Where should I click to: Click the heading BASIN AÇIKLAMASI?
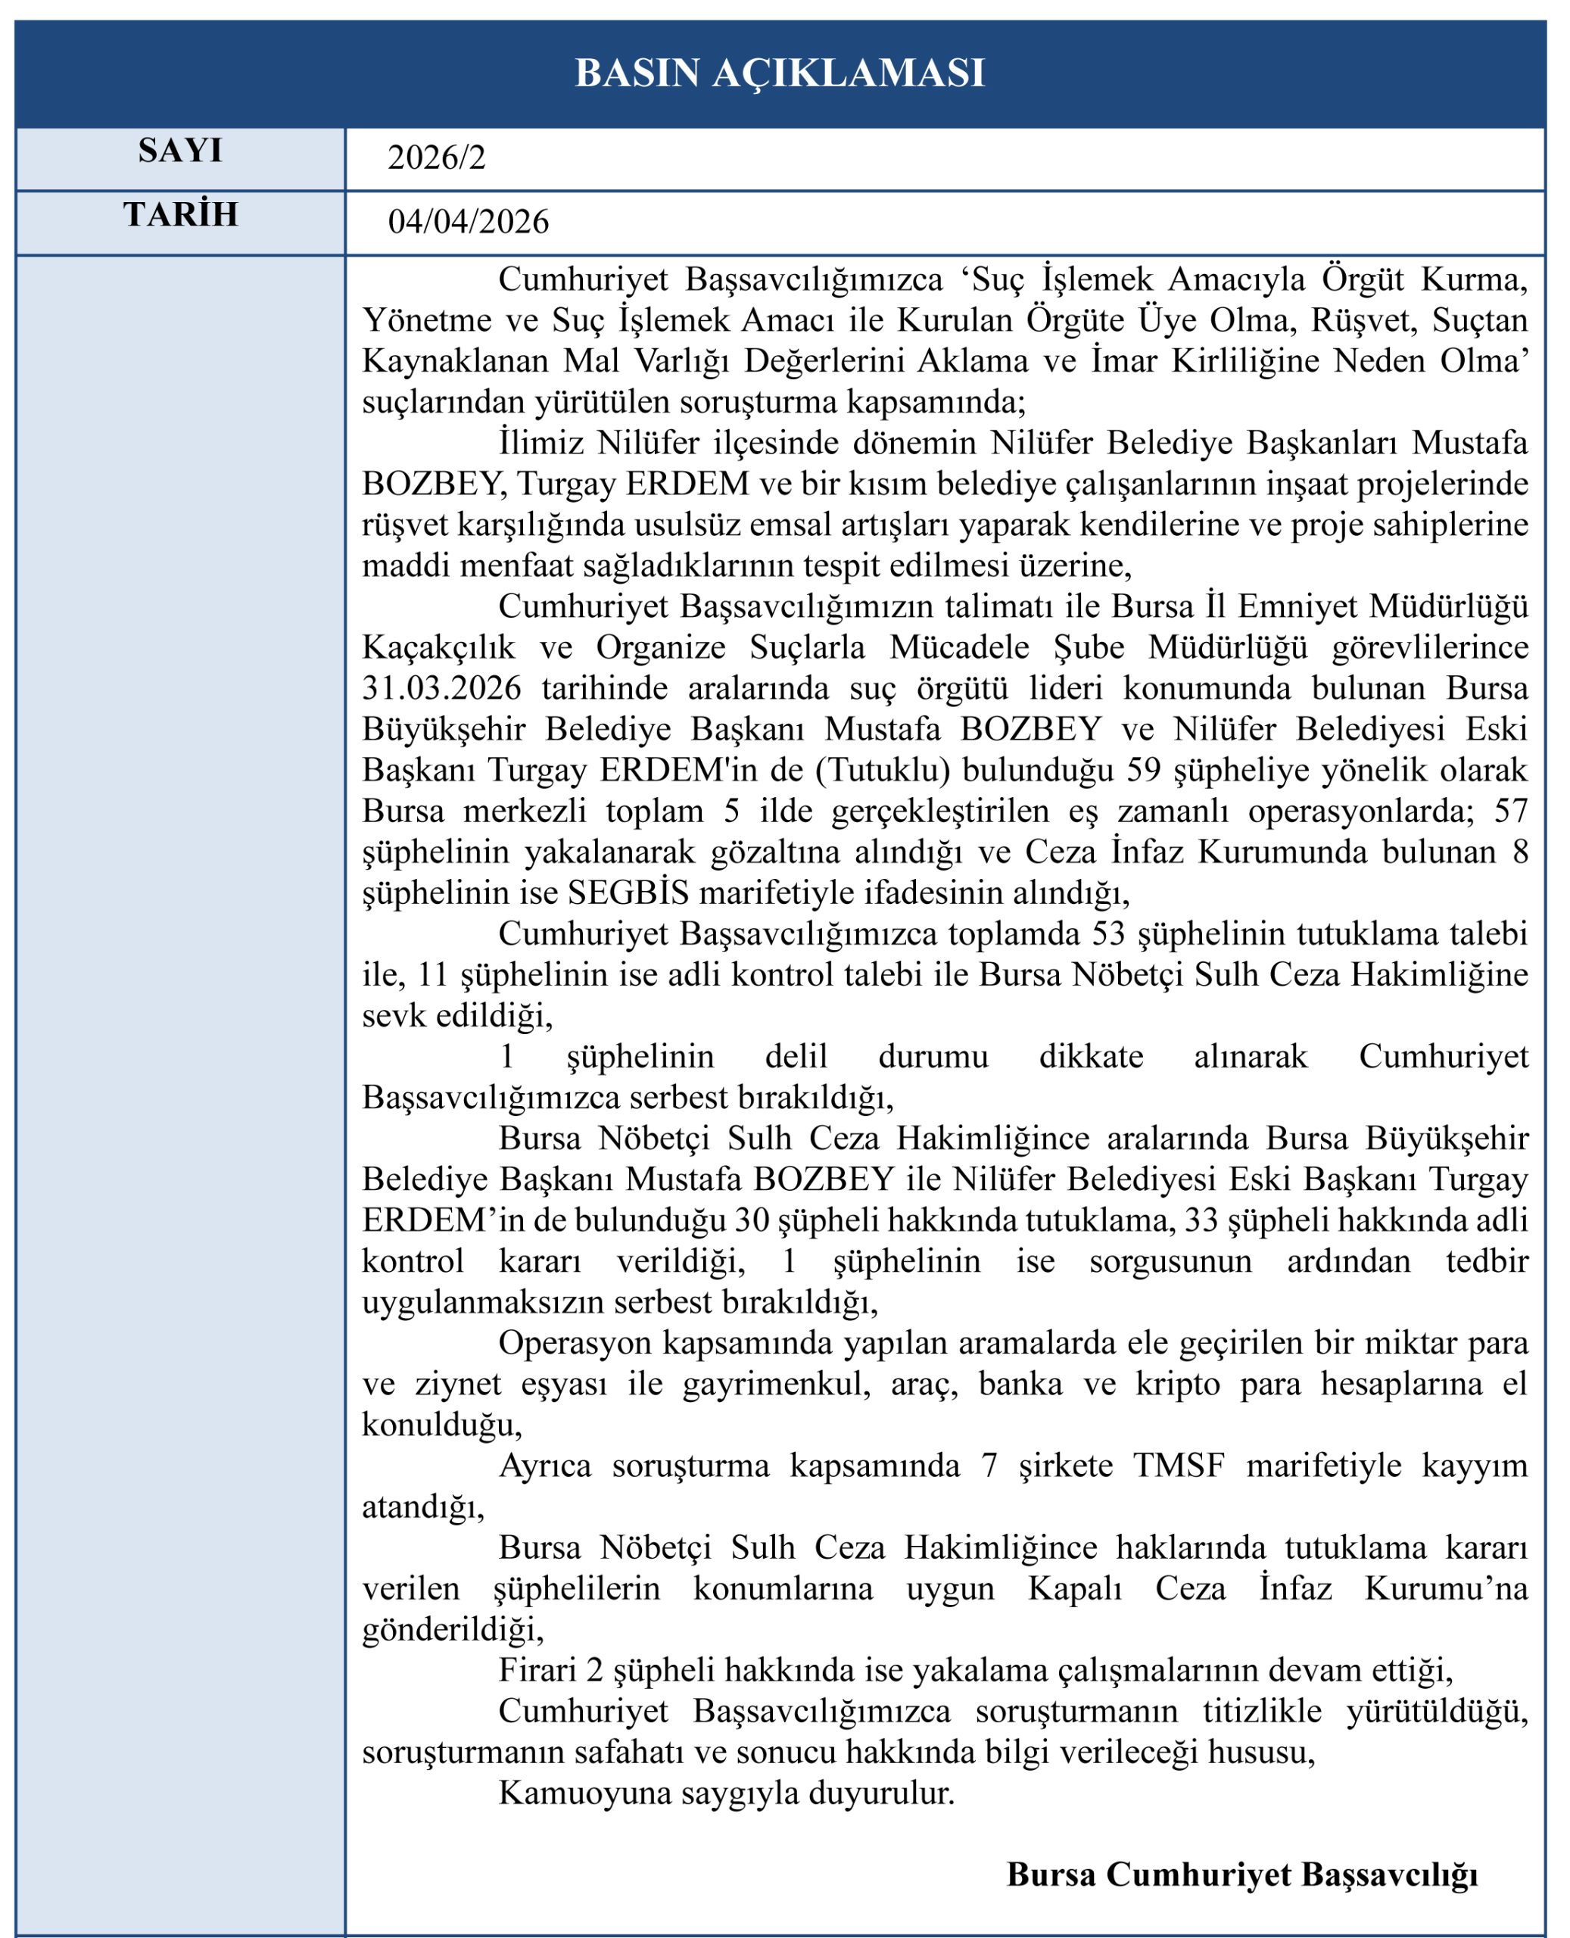[780, 73]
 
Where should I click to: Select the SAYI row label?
[180, 151]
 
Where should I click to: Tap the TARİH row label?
[180, 214]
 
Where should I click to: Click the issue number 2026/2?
[436, 157]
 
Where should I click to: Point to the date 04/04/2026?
[468, 222]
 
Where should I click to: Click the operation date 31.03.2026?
[441, 688]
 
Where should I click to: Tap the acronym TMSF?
[1179, 1465]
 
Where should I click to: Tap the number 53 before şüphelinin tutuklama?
[1110, 934]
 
